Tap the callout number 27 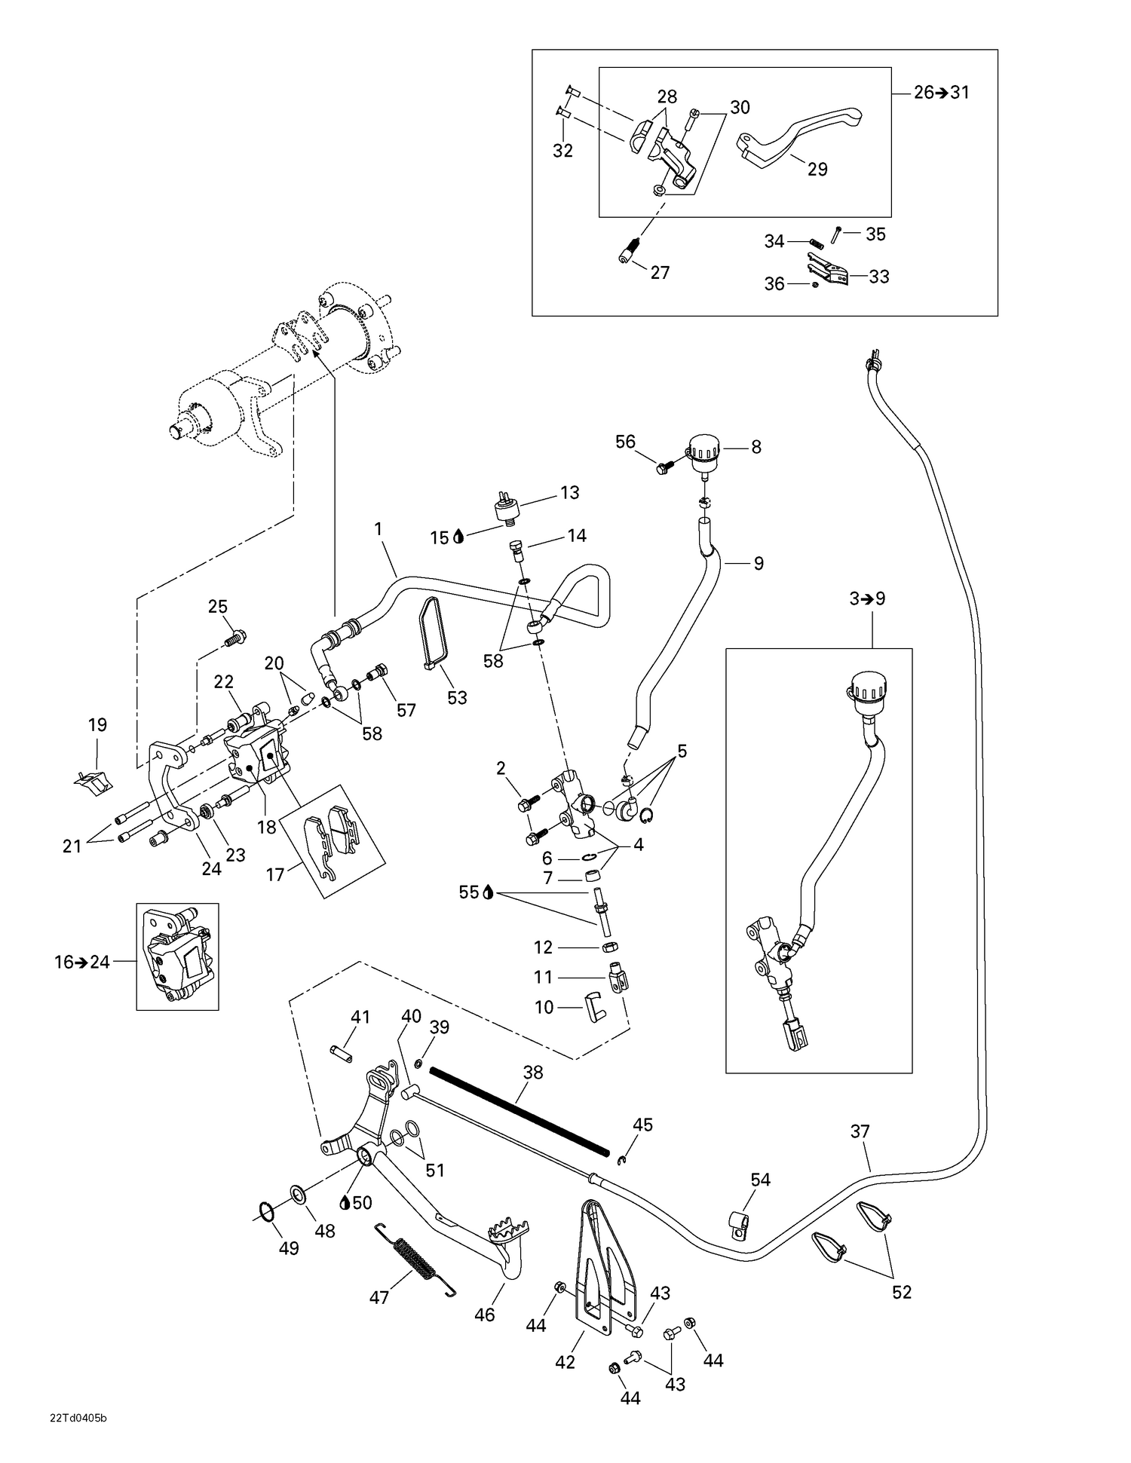[x=660, y=273]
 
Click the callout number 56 [x=625, y=442]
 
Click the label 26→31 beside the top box [x=941, y=93]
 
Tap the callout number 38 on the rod [x=532, y=1072]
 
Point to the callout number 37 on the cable [x=860, y=1131]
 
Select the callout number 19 [x=97, y=725]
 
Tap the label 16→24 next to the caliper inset [x=82, y=962]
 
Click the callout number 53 [x=457, y=698]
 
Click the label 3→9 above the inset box [x=867, y=599]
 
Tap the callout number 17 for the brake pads [x=275, y=874]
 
